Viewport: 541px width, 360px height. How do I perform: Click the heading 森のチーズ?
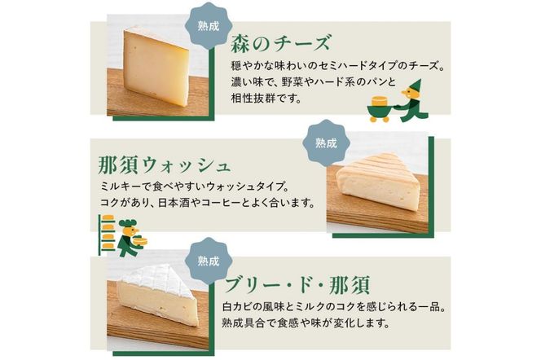click(280, 42)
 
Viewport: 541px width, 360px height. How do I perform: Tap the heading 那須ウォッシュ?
click(165, 165)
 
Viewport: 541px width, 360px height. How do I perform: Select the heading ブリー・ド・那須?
click(297, 285)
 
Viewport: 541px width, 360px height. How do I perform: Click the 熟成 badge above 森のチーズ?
click(208, 26)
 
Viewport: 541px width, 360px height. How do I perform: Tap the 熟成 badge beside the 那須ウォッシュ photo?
click(326, 143)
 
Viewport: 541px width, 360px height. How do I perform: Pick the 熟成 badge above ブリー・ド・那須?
click(208, 261)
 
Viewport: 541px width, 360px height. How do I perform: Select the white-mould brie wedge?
click(158, 294)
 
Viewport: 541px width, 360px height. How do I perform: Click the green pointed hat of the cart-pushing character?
click(415, 86)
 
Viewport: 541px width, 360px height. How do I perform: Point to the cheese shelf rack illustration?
click(106, 234)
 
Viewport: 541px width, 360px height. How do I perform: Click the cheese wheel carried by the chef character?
click(140, 240)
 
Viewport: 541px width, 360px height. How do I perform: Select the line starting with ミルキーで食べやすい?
click(195, 187)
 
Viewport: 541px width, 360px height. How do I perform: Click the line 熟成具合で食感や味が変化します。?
click(306, 323)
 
